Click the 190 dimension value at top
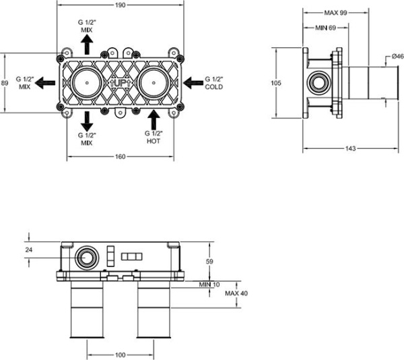click(119, 5)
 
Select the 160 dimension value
click(119, 158)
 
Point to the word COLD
click(213, 87)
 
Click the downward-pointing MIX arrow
click(87, 120)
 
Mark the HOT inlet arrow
click(154, 120)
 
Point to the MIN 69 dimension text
click(326, 27)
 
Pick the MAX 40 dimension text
click(236, 293)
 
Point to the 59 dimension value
click(209, 261)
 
